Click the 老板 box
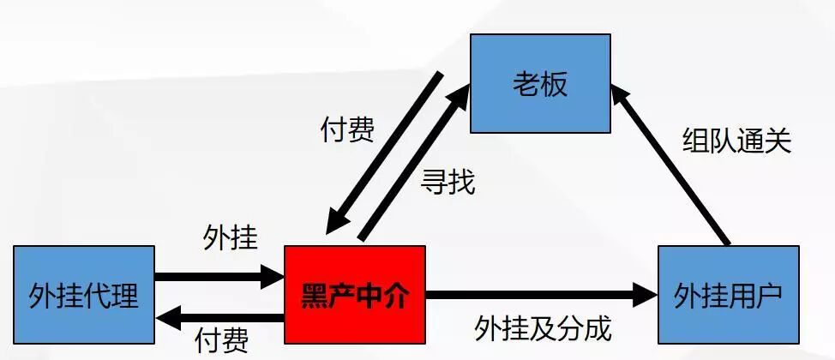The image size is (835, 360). [x=540, y=83]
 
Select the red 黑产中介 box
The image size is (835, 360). [x=355, y=297]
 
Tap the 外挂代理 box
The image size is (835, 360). [x=84, y=297]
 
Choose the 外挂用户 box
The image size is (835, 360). [x=728, y=297]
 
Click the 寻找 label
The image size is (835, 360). [x=448, y=183]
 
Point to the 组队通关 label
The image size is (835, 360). [x=736, y=140]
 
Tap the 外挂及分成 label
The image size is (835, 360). [x=544, y=327]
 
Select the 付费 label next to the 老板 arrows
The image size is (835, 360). [x=347, y=130]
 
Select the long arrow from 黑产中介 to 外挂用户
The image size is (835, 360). [x=532, y=297]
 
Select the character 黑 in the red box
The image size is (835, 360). [x=314, y=297]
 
